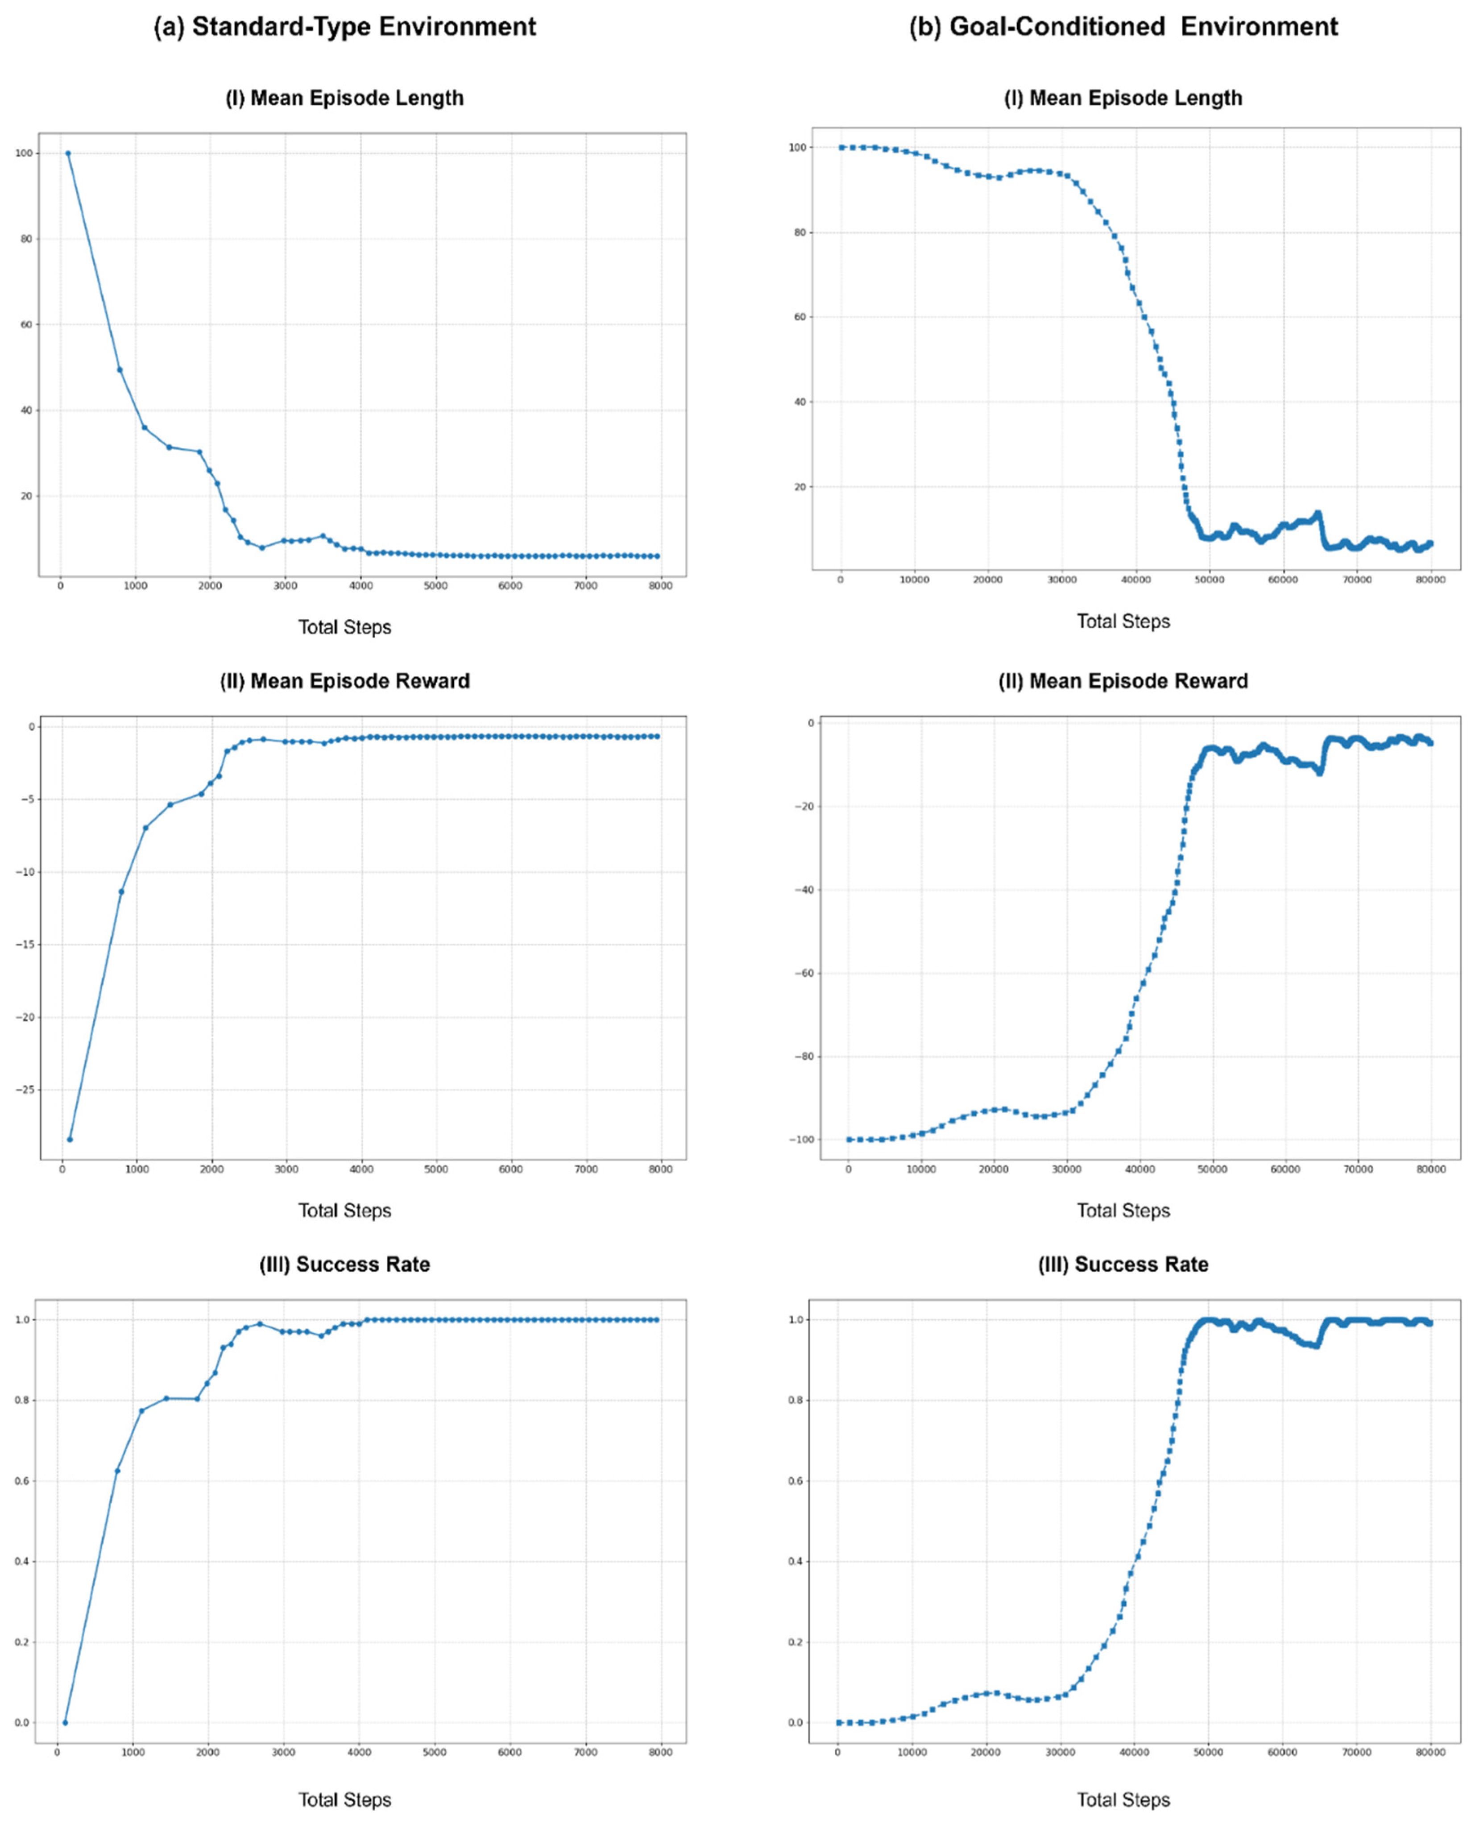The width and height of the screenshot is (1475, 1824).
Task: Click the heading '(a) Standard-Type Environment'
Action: click(x=344, y=27)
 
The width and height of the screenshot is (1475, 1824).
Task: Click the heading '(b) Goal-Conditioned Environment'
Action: click(x=1123, y=27)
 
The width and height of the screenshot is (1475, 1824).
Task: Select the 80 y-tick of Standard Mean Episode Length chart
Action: click(x=26, y=239)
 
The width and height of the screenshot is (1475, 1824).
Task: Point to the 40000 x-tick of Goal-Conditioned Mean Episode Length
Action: click(x=1135, y=580)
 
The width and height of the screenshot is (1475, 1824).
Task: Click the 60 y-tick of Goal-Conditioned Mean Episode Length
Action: click(x=799, y=317)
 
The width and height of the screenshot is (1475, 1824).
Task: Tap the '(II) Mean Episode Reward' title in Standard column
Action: click(x=344, y=681)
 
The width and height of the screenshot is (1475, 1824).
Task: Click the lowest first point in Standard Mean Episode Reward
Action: click(x=70, y=1139)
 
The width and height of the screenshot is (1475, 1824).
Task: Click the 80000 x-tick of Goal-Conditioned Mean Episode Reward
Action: click(x=1431, y=1169)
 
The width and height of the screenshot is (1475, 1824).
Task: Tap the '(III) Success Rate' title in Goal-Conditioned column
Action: click(x=1123, y=1264)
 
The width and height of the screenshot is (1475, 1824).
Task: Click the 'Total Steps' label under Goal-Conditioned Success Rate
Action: click(x=1123, y=1799)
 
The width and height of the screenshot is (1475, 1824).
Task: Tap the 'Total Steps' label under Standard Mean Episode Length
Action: click(x=344, y=627)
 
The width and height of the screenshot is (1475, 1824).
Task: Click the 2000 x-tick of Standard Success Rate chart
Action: click(x=208, y=1752)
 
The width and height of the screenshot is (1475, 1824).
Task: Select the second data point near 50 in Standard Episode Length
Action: click(x=120, y=369)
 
